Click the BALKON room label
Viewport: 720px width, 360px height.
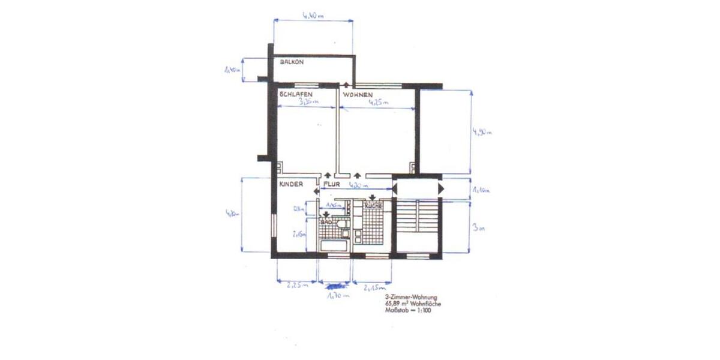tap(293, 62)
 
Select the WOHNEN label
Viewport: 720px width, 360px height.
tap(358, 95)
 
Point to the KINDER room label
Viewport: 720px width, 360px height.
tap(290, 184)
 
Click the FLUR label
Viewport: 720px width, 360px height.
tap(332, 184)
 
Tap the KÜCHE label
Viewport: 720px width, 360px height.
tap(373, 206)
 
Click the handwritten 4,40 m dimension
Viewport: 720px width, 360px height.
tap(313, 16)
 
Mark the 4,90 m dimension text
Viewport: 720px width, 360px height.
tap(482, 132)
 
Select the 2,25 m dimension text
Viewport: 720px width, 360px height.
tap(296, 286)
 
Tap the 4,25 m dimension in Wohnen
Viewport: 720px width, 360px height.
tap(378, 103)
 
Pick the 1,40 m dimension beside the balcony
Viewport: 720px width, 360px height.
tap(232, 70)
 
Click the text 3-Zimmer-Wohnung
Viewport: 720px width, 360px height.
tap(411, 298)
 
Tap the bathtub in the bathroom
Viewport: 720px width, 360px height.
tap(334, 245)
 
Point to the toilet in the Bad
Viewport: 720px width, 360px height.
tap(343, 225)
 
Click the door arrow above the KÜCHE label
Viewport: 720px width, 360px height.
tap(373, 197)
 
